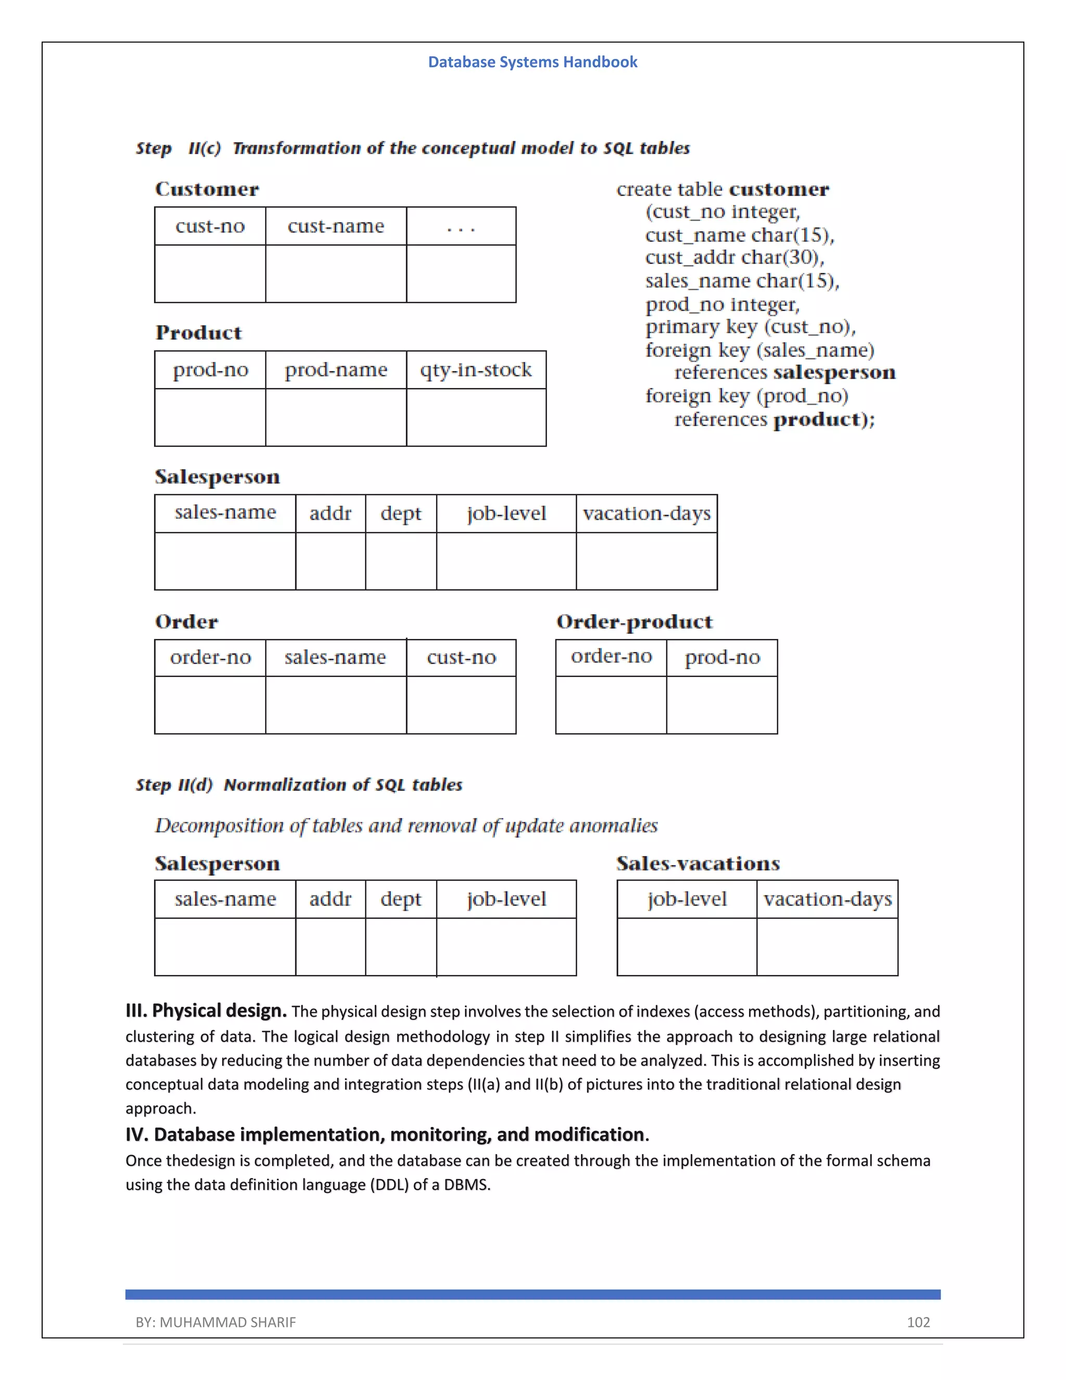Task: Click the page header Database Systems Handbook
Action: click(x=532, y=62)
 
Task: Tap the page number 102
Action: click(x=918, y=1322)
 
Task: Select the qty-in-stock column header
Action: click(x=476, y=370)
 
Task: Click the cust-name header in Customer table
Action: click(x=335, y=226)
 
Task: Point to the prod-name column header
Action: click(x=335, y=370)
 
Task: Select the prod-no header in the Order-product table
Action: click(x=722, y=658)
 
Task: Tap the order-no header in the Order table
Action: click(x=210, y=658)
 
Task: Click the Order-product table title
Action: click(x=634, y=622)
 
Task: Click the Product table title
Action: click(x=198, y=333)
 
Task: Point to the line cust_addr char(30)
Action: click(x=734, y=258)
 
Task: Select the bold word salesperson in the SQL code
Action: click(x=834, y=372)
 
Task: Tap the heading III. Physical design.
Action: click(x=206, y=1010)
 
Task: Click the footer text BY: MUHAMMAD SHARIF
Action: click(x=215, y=1322)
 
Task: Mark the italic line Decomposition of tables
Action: click(x=406, y=825)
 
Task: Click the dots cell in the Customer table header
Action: click(x=461, y=226)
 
